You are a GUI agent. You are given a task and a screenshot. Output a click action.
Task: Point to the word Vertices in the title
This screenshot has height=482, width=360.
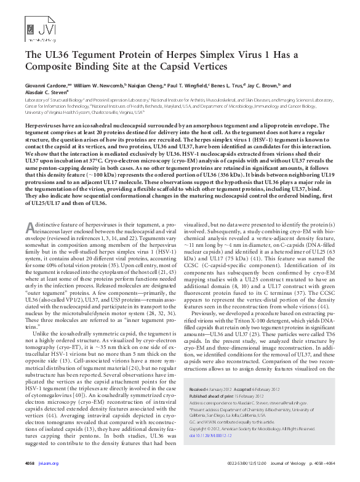click(x=207, y=66)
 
